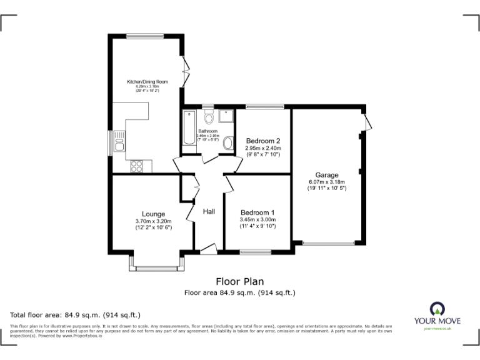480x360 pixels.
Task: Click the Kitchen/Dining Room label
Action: coord(147,82)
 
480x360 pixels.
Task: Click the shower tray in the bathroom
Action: coord(226,116)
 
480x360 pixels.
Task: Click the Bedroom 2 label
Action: coord(262,141)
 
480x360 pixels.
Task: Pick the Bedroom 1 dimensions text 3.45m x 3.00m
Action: coord(257,220)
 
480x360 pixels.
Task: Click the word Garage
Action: coord(326,175)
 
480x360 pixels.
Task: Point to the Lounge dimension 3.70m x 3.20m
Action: coord(153,221)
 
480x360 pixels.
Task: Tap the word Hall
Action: coord(209,212)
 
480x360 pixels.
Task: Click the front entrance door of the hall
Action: coord(208,249)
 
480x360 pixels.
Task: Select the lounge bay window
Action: coord(157,267)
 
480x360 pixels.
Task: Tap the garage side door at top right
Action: coord(369,121)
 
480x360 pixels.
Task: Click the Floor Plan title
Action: coord(240,281)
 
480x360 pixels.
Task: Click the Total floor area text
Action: coord(76,315)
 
